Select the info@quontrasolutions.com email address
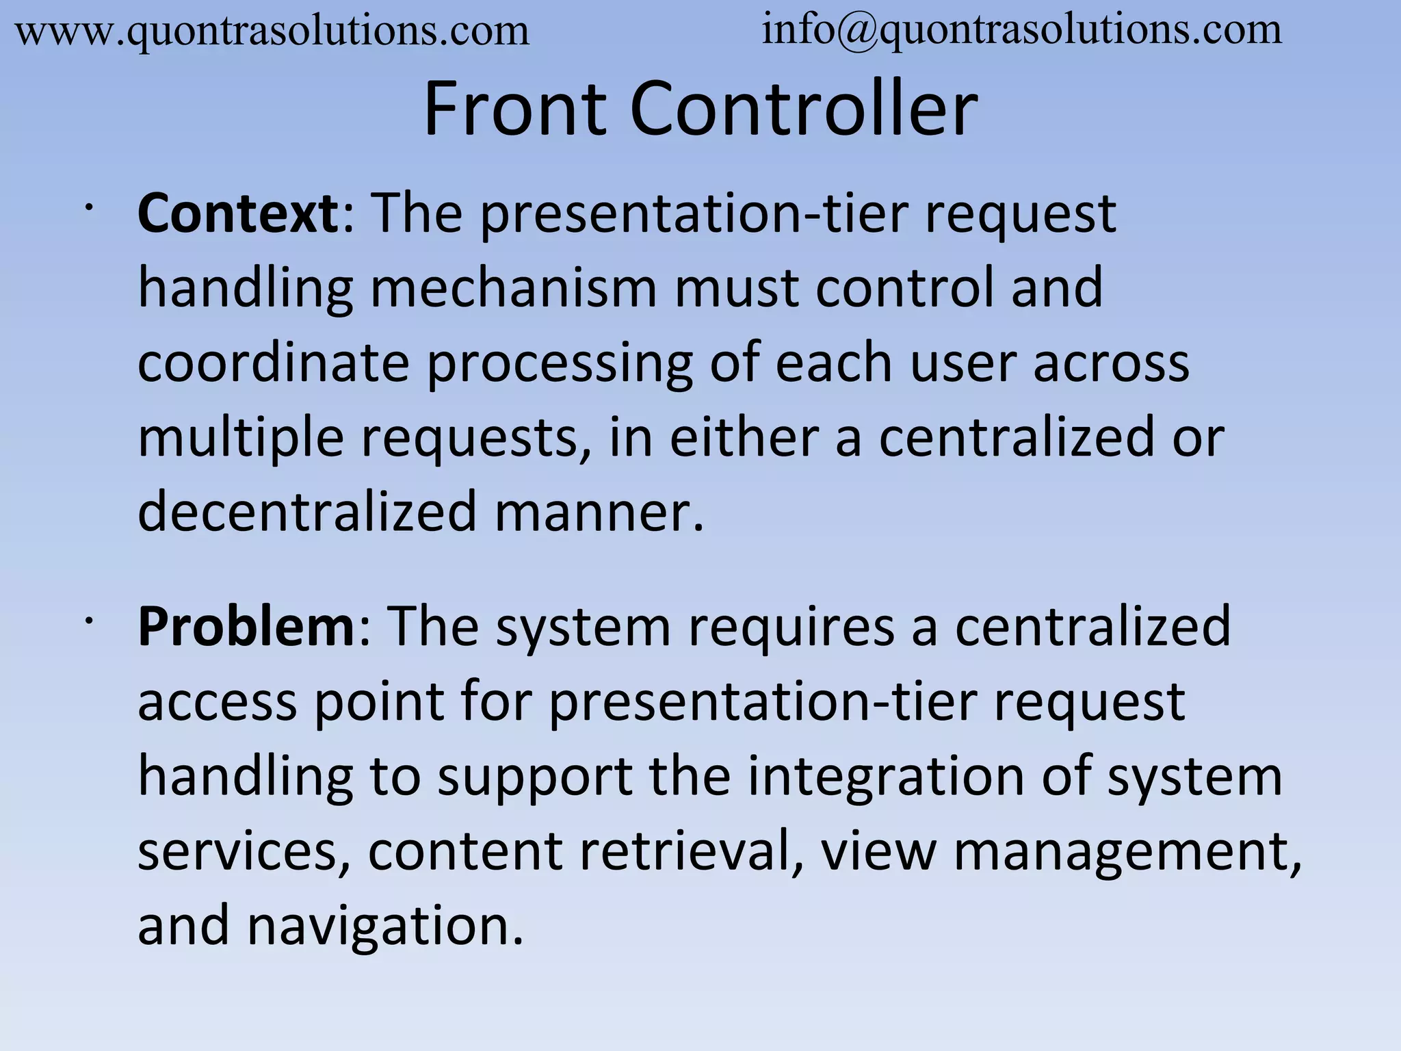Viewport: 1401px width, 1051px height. [1022, 31]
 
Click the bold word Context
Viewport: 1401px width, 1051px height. [238, 214]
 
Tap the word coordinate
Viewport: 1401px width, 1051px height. [274, 363]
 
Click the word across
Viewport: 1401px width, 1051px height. [1111, 363]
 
